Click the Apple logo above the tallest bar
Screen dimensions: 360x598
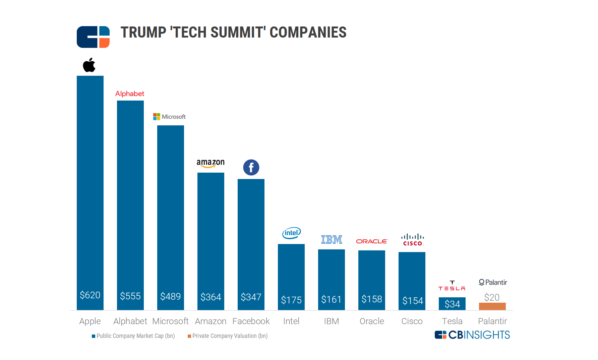click(x=89, y=65)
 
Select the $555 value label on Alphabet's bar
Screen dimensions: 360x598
click(x=130, y=296)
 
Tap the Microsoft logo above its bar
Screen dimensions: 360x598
click(x=169, y=117)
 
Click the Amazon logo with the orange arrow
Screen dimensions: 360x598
click(x=211, y=163)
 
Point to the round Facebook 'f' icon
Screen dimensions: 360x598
click(x=251, y=167)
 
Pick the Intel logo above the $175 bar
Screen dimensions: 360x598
click(x=291, y=233)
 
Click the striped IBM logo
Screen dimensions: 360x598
click(x=332, y=239)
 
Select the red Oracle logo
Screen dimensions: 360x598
click(x=372, y=241)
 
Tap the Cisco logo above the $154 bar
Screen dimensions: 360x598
click(x=412, y=240)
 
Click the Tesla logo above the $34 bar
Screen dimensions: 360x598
click(x=452, y=286)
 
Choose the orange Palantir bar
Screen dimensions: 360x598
click(x=492, y=306)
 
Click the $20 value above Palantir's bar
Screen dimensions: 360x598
click(x=492, y=297)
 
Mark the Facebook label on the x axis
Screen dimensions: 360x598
click(x=251, y=321)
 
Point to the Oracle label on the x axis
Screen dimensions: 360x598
click(x=372, y=321)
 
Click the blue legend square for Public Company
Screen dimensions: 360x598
click(x=94, y=336)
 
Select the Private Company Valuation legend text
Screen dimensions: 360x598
click(x=230, y=336)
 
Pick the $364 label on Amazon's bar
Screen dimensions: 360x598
click(x=211, y=297)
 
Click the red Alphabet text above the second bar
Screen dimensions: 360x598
click(x=130, y=94)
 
